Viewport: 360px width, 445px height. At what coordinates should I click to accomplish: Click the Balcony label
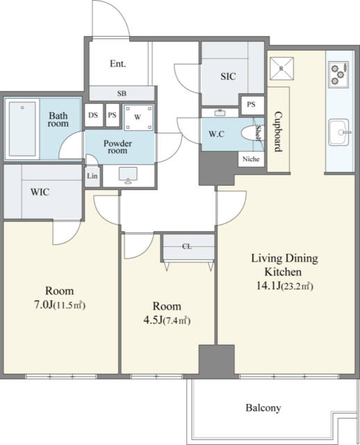[263, 408]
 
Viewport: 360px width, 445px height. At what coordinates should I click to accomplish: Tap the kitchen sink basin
[338, 132]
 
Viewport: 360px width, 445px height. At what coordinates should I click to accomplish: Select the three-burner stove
[338, 74]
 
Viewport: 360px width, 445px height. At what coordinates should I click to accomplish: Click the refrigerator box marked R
[281, 68]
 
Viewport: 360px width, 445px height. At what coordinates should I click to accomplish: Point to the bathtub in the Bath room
[22, 129]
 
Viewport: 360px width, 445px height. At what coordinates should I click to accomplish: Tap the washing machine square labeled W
[138, 118]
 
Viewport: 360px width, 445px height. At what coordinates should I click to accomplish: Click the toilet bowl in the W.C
[252, 133]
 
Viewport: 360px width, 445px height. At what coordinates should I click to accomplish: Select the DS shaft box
[94, 115]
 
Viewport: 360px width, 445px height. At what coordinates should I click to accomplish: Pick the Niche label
[251, 159]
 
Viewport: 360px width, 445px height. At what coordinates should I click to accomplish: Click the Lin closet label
[92, 176]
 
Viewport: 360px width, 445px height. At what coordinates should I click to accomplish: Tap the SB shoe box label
[122, 93]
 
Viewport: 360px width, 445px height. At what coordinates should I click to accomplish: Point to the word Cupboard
[278, 131]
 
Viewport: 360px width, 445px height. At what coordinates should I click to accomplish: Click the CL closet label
[187, 246]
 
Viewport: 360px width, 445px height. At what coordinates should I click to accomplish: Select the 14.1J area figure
[268, 286]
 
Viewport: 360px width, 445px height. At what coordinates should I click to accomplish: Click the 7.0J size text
[43, 305]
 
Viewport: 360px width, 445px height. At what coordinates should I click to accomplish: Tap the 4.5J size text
[153, 320]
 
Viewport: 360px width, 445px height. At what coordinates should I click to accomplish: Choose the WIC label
[40, 192]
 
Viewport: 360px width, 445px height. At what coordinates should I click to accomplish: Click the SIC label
[228, 76]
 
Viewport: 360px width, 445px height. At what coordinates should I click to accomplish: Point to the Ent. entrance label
[117, 63]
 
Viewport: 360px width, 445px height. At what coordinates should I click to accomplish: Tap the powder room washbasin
[128, 175]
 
